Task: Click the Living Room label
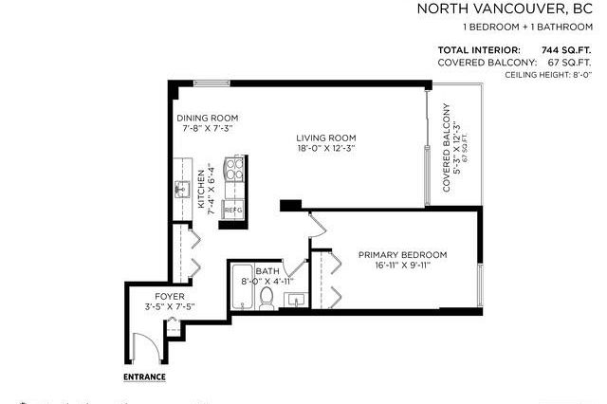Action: click(323, 137)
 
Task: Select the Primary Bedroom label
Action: click(402, 254)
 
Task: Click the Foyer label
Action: click(149, 295)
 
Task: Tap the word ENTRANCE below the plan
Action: click(145, 376)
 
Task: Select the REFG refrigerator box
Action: click(232, 208)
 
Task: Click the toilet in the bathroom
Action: click(267, 299)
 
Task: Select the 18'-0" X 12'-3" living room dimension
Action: click(323, 148)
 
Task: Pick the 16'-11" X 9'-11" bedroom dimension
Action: click(402, 266)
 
